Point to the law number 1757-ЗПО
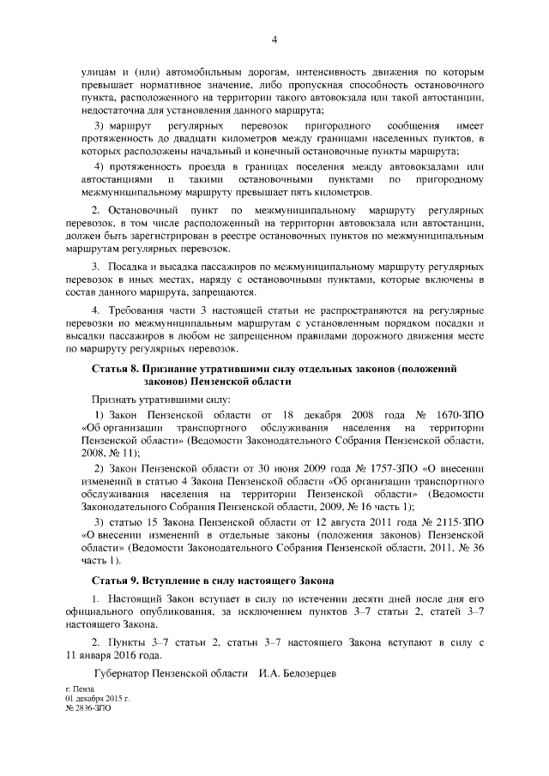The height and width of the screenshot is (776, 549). point(371,469)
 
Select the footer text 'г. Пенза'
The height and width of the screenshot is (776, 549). point(81,689)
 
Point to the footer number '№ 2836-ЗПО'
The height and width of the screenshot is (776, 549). point(88,709)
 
